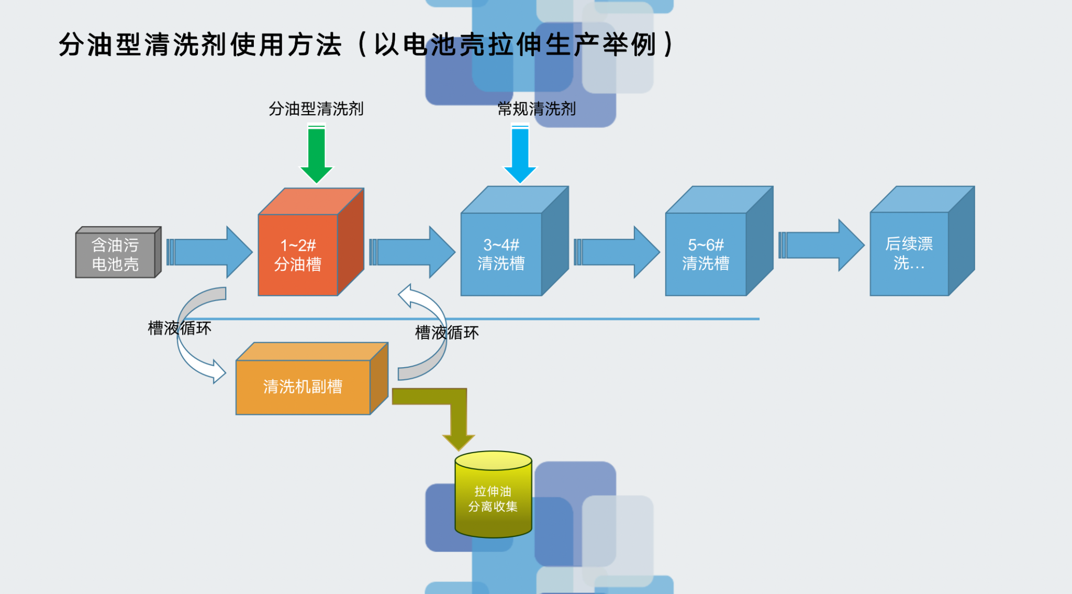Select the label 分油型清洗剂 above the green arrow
pos(316,108)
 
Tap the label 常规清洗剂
pos(536,108)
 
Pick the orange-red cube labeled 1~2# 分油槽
pos(298,255)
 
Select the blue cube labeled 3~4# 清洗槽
pos(501,254)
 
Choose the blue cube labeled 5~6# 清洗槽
pos(706,254)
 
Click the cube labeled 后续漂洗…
pos(909,254)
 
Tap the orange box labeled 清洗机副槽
pos(303,387)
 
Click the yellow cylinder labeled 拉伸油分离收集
pos(493,498)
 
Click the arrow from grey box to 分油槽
pos(209,252)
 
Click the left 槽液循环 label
pos(180,328)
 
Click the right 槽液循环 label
pos(446,332)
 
